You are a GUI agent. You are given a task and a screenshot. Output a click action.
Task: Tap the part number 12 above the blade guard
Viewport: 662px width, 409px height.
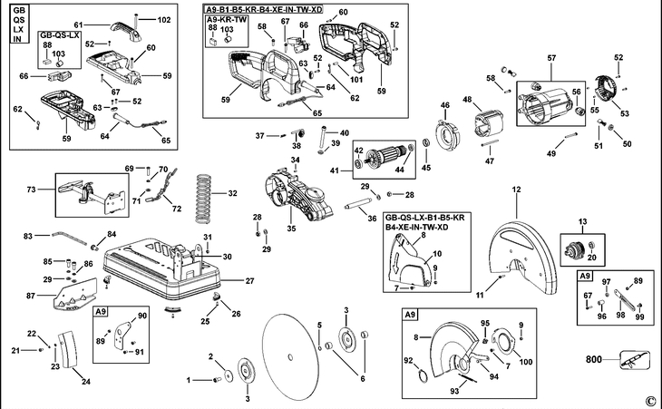pos(516,189)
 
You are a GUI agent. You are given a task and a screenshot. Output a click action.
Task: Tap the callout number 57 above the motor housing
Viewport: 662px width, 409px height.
pos(550,59)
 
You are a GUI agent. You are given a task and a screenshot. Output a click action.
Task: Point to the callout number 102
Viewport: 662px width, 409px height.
pos(163,19)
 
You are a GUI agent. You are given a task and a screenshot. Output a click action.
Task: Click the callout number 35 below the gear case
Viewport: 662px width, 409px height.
pos(292,229)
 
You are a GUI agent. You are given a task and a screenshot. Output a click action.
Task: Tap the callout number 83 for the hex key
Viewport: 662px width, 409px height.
pos(28,235)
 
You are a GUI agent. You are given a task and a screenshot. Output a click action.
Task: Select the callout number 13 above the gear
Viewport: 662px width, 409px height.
pos(583,220)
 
